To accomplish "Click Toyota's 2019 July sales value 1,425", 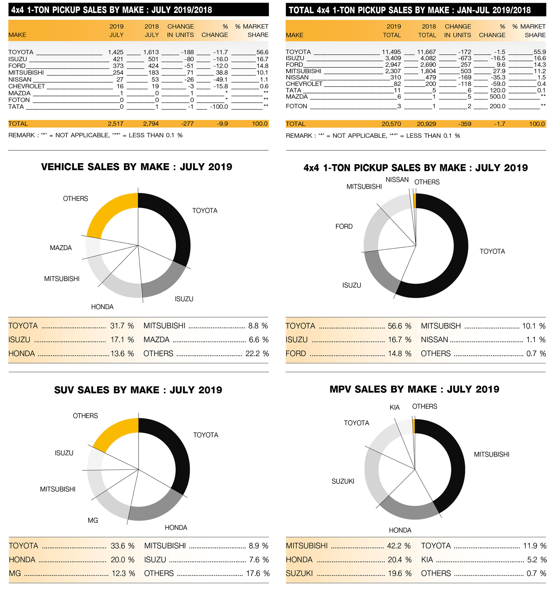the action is [116, 52].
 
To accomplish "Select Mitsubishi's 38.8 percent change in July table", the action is [222, 73].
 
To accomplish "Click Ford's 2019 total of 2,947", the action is [393, 65].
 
